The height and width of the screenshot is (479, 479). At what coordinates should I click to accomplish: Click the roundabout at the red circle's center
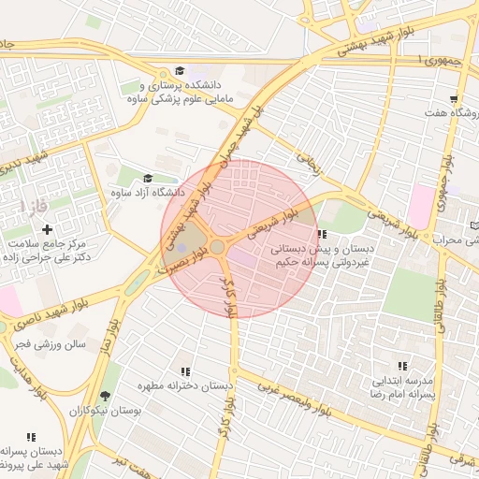pyautogui.click(x=217, y=246)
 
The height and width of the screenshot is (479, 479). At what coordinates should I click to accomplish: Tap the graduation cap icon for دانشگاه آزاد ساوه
pyautogui.click(x=147, y=179)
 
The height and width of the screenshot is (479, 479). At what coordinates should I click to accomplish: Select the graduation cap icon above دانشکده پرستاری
pyautogui.click(x=179, y=71)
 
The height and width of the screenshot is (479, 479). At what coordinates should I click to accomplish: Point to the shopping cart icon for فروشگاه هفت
pyautogui.click(x=455, y=99)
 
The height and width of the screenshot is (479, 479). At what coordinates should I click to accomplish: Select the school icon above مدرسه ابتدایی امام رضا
pyautogui.click(x=402, y=366)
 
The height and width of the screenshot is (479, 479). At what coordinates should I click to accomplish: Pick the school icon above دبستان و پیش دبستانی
pyautogui.click(x=322, y=235)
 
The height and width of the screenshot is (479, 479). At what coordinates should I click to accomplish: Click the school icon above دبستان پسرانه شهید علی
pyautogui.click(x=32, y=437)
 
